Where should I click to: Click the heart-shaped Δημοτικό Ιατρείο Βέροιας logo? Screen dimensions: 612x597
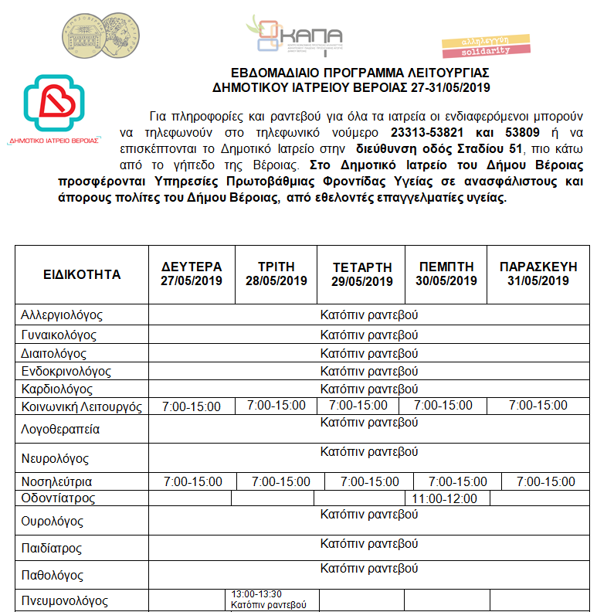(54, 104)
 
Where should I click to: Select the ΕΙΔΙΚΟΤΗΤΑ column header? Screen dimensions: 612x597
(82, 274)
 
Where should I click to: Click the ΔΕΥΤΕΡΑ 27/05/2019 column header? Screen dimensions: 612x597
(192, 274)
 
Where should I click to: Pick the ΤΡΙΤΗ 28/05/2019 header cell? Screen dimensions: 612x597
(276, 274)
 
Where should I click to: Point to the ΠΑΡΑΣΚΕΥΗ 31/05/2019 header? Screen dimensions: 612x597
(538, 274)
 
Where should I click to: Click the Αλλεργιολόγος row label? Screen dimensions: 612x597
(63, 315)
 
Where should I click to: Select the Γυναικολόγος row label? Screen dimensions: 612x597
(59, 335)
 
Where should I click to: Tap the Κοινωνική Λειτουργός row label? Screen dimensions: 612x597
(82, 407)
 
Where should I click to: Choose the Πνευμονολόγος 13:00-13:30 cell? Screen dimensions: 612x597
(269, 600)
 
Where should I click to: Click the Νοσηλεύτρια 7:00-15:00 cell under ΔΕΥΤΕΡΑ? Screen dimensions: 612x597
(192, 481)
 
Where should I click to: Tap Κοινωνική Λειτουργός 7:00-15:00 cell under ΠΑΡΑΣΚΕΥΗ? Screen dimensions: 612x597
(538, 406)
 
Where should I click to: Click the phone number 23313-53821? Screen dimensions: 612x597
(426, 133)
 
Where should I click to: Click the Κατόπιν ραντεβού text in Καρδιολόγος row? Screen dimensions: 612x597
(368, 389)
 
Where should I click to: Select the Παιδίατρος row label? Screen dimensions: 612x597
(52, 549)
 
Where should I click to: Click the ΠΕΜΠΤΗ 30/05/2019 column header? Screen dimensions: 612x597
(446, 274)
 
